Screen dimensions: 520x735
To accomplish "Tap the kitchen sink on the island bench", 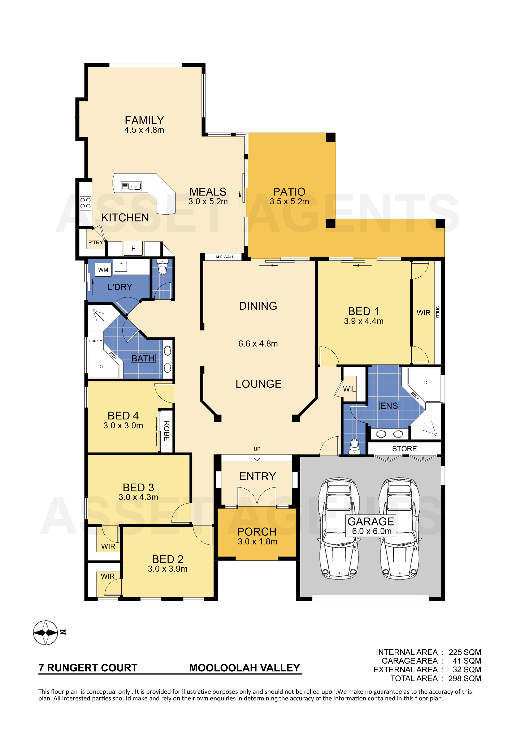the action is (131, 186).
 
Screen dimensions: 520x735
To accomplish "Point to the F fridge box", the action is (133, 248).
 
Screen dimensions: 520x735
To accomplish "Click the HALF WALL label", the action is (223, 257).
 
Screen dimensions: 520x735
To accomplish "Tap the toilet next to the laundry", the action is (163, 268).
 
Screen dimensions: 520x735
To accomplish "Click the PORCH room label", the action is (257, 532).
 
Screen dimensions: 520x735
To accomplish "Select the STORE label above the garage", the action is (404, 449).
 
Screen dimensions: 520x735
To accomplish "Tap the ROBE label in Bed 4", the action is (166, 431).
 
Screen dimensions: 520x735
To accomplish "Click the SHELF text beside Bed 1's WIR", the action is (438, 313).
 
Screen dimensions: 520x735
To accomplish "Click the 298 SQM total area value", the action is (465, 678).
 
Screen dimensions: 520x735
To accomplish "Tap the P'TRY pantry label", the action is (95, 242).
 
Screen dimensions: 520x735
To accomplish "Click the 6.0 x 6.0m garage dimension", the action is (372, 531).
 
